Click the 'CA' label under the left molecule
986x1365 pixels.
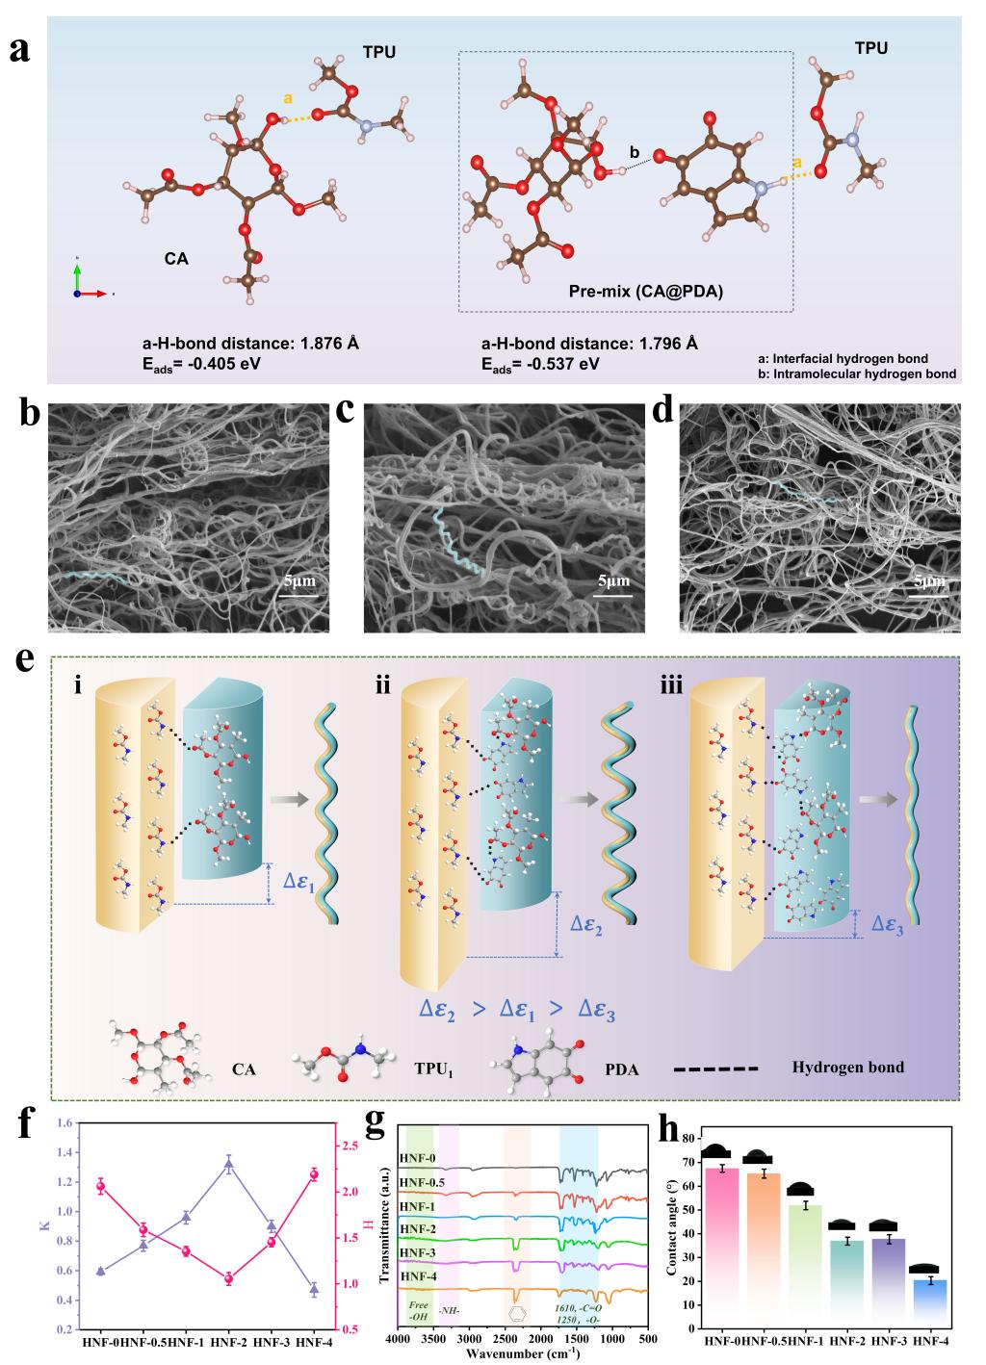[x=175, y=258]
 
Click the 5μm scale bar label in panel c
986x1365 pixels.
[x=612, y=581]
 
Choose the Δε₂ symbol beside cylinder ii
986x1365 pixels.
[x=586, y=925]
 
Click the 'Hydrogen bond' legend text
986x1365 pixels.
[x=848, y=1068]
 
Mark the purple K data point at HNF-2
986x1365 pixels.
[x=228, y=1164]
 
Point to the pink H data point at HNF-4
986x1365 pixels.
[x=313, y=1174]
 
